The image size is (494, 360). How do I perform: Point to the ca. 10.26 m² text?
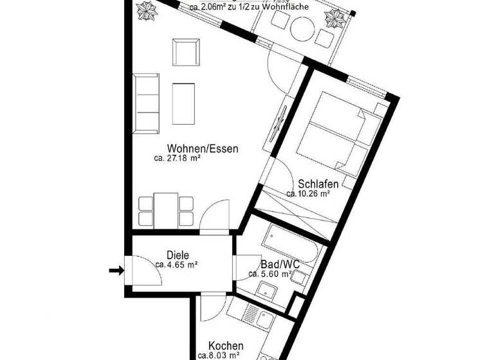[308, 193]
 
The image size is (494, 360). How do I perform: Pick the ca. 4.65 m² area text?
[176, 264]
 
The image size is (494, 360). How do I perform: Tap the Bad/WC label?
[278, 264]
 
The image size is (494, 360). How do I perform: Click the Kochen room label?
[226, 345]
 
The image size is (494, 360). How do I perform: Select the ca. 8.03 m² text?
[219, 355]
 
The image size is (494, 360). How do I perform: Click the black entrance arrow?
[116, 271]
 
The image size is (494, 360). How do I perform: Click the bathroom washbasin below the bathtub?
[265, 288]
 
